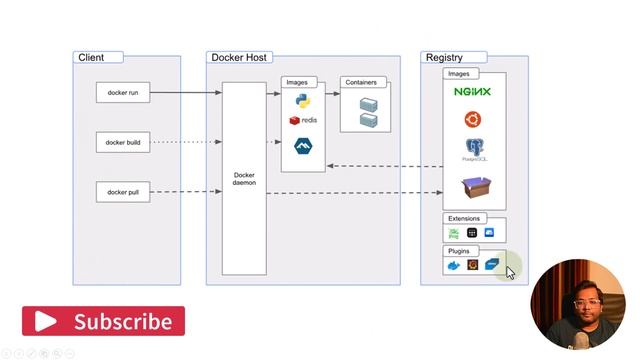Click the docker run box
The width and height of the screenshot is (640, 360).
[123, 93]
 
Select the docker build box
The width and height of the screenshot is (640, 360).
[123, 142]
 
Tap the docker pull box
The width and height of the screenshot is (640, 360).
[123, 191]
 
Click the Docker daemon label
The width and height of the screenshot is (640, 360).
[244, 179]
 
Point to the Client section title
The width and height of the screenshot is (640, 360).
[91, 57]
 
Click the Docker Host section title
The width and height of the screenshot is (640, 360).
[240, 57]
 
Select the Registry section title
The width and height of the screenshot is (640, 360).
[443, 57]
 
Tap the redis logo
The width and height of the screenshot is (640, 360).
[303, 120]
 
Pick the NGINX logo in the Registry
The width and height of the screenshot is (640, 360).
[472, 92]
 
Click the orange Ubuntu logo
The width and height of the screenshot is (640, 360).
[472, 120]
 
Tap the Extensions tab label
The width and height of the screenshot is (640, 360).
[464, 218]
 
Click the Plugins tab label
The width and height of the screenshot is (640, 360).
[459, 251]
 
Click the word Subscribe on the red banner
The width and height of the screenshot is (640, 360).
[122, 322]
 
